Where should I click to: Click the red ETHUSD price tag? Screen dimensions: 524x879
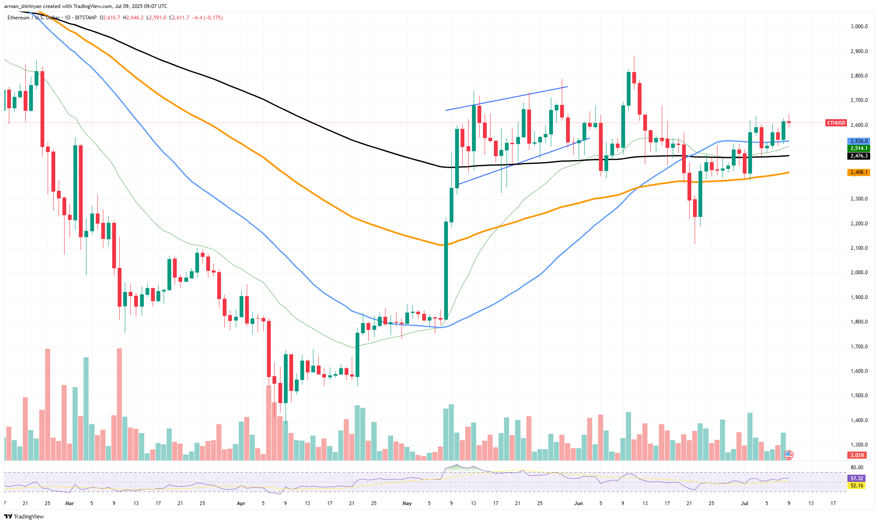click(x=836, y=123)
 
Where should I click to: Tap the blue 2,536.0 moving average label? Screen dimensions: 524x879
click(x=858, y=141)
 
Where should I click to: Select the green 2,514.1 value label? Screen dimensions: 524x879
click(x=858, y=148)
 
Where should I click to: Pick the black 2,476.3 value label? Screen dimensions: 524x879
click(x=858, y=156)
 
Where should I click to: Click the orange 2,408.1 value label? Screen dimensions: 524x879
click(x=858, y=172)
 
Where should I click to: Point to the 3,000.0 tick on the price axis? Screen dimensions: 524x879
click(x=859, y=27)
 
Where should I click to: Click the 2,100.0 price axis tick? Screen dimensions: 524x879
click(x=859, y=248)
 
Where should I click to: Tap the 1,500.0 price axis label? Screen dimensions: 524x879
click(x=859, y=396)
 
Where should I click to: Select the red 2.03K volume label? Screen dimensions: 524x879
click(x=857, y=455)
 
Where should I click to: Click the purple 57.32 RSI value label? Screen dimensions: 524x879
click(x=857, y=479)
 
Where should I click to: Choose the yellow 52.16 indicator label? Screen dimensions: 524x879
click(x=857, y=486)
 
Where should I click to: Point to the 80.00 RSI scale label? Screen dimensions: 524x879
click(x=857, y=468)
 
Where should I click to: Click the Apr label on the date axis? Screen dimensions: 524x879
click(x=241, y=503)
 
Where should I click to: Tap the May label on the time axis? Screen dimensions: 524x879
click(x=407, y=503)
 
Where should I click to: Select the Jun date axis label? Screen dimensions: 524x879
click(x=578, y=503)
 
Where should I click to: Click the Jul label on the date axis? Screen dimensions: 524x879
click(x=744, y=503)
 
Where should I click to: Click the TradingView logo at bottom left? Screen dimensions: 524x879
click(x=24, y=517)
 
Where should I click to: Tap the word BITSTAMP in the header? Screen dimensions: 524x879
click(x=86, y=18)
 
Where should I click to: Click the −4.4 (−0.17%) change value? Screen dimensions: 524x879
click(x=207, y=18)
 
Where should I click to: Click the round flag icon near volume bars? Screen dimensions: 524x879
click(x=788, y=455)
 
